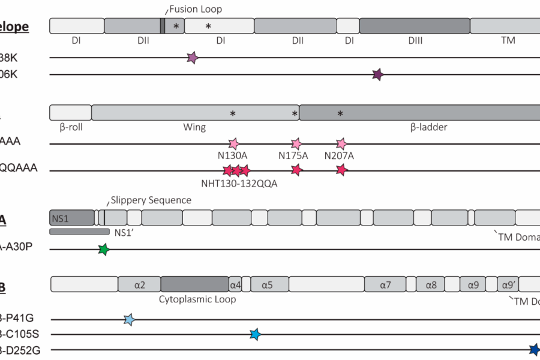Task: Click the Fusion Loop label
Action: coord(196,9)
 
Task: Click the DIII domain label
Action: coord(415,40)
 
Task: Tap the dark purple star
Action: coord(377,75)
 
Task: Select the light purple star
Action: coord(193,58)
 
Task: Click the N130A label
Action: coord(233,155)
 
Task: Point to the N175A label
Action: coord(293,155)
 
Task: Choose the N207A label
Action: coord(339,155)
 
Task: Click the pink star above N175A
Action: coord(296,144)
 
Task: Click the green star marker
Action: coord(104,250)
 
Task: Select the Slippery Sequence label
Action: coord(151,200)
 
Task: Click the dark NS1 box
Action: coord(71,217)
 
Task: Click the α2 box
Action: coord(139,284)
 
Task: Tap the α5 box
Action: coord(267,284)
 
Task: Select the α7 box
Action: coord(385,284)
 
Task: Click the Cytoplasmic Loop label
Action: coord(197,299)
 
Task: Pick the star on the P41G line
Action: coord(129,320)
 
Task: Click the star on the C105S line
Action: coord(255,334)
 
